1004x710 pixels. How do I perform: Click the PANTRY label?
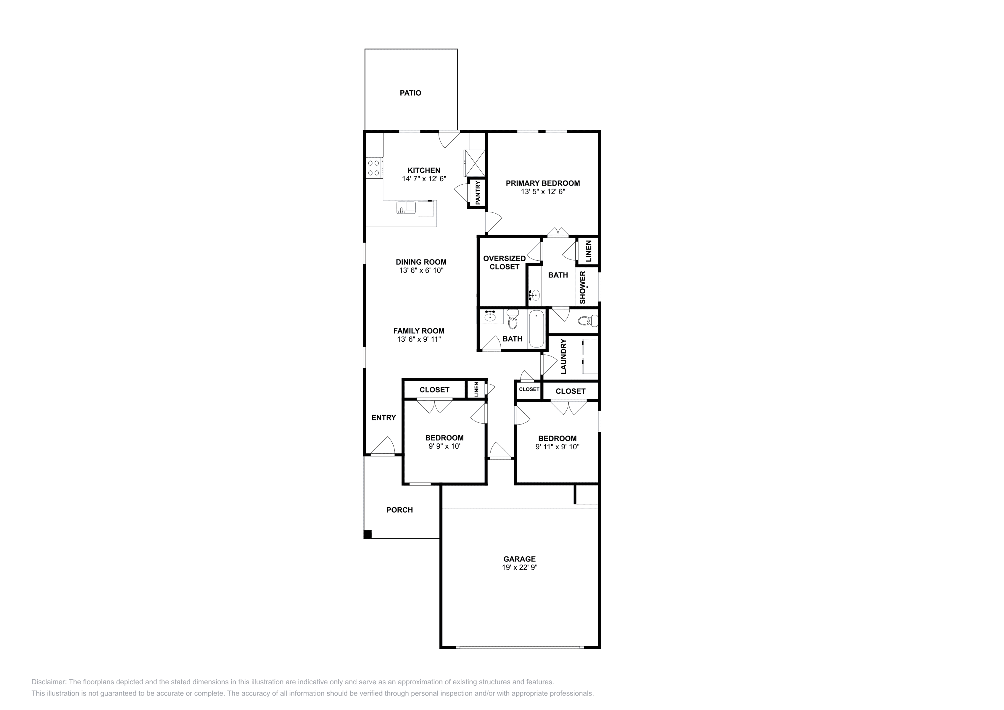478,193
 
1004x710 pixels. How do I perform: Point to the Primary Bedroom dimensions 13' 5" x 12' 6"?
543,191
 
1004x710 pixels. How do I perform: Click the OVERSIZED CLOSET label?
504,262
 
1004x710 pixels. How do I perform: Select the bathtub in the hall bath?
536,328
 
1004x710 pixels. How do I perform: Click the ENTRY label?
383,417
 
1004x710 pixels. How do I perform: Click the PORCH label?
399,510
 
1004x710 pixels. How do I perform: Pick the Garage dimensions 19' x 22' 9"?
520,567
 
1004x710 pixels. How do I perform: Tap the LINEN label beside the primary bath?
588,251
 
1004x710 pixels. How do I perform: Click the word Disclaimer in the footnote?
49,682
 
